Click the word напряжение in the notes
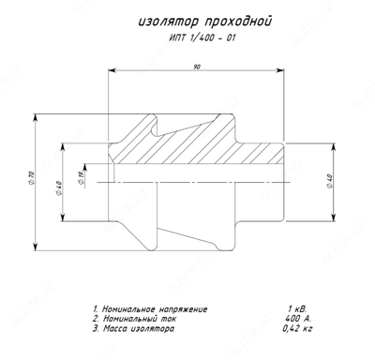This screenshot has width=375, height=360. [x=177, y=309]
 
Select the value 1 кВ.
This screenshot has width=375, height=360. [x=297, y=309]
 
